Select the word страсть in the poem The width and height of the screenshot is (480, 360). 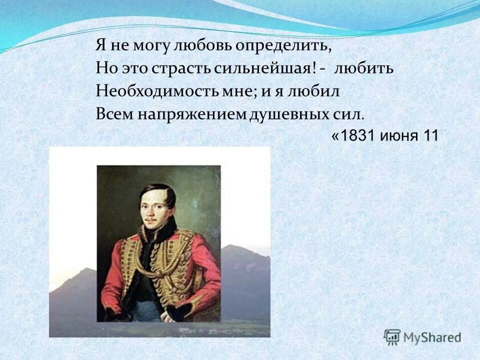coord(186,69)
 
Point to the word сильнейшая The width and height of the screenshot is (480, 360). coord(265,69)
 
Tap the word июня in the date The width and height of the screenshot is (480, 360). coord(399,136)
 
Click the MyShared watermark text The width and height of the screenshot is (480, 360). coord(433,337)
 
